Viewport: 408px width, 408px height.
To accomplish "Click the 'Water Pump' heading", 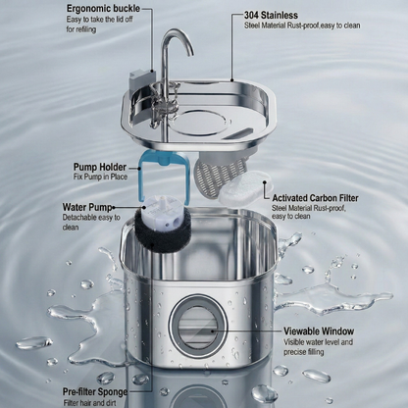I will tap(83, 207).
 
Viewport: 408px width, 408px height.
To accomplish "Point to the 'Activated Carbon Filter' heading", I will tap(315, 196).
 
